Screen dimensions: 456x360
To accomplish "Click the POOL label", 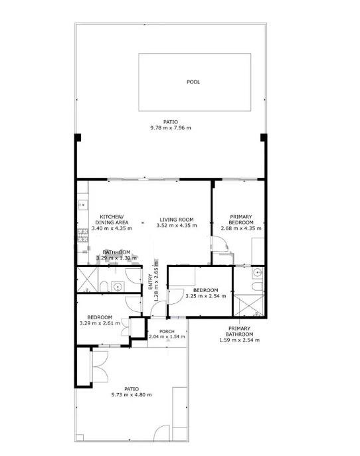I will pyautogui.click(x=193, y=82).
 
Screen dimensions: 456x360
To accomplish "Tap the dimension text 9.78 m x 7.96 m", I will pyautogui.click(x=170, y=127).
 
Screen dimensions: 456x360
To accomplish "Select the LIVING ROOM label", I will pyautogui.click(x=175, y=220).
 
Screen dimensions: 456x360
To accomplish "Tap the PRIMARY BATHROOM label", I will pyautogui.click(x=239, y=331).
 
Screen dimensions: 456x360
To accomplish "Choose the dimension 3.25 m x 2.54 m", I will pyautogui.click(x=206, y=296).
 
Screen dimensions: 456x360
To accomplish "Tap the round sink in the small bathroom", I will pyautogui.click(x=118, y=287).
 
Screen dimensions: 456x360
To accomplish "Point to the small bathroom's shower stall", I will pyautogui.click(x=87, y=279).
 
